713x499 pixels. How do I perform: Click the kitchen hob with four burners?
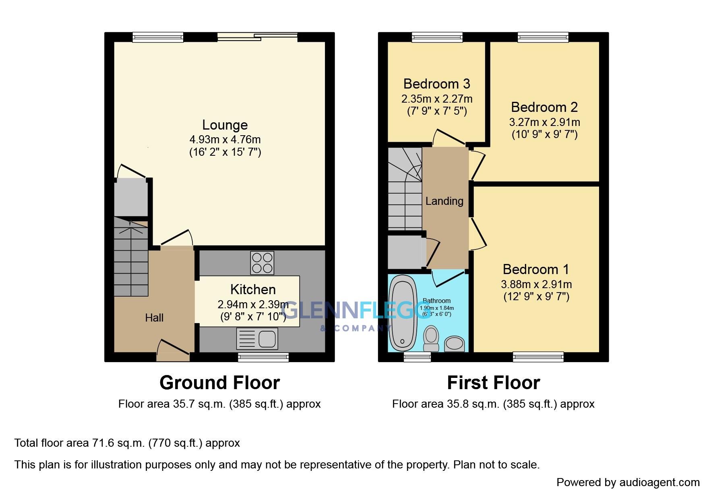(262, 263)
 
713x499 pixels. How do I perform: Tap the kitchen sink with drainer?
(257, 338)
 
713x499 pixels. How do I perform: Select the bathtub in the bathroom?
(403, 314)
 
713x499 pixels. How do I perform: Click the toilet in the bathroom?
(431, 339)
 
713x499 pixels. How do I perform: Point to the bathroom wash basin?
(455, 344)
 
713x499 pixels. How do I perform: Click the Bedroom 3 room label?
(436, 84)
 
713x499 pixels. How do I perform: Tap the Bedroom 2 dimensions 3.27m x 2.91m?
(544, 122)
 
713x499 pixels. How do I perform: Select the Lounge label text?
(225, 125)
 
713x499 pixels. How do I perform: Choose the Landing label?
(444, 201)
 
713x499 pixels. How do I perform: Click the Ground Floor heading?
(219, 382)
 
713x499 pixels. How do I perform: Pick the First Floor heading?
(493, 382)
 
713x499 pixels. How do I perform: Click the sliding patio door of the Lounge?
(257, 37)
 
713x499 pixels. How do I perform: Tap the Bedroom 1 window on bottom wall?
(538, 357)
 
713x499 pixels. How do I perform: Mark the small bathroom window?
(417, 357)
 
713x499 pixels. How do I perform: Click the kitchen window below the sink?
(263, 357)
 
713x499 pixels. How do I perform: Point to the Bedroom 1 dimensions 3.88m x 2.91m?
(536, 284)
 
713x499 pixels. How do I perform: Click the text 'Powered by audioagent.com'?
(628, 482)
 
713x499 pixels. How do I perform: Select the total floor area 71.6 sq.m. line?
(127, 443)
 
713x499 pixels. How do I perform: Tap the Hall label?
(154, 318)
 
